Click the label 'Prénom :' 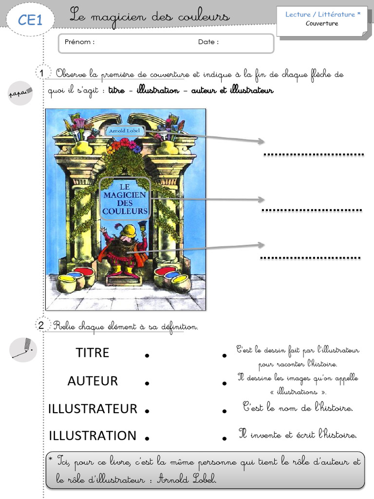click(79, 42)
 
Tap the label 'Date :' click(208, 42)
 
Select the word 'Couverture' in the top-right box click(321, 23)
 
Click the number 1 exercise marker click(42, 74)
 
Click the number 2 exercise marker click(41, 325)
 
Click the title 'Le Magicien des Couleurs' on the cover click(125, 198)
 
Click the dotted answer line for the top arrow click(314, 155)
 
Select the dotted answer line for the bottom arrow click(310, 258)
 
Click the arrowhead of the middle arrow click(262, 200)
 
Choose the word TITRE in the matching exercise click(93, 353)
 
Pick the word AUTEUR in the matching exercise click(93, 381)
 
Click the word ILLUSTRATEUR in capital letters click(93, 409)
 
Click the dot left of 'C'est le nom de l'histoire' click(224, 411)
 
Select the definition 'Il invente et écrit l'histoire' click(298, 434)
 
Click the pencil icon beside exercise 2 click(23, 349)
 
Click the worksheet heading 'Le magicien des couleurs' click(150, 17)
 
